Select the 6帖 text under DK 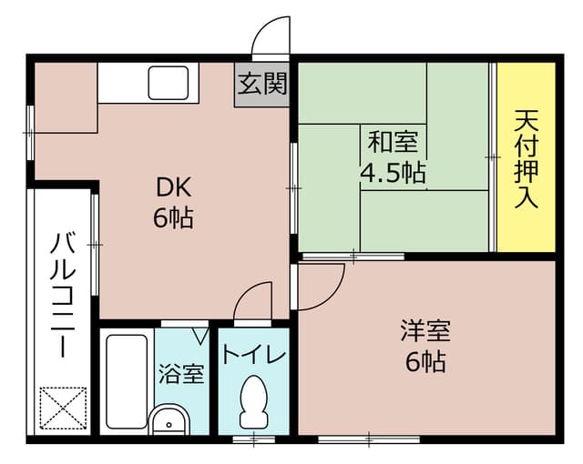(172, 219)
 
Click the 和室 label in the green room (393, 142)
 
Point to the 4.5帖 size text (394, 173)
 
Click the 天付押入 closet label (526, 159)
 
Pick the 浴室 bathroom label (181, 374)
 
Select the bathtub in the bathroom (127, 383)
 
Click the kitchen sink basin (169, 84)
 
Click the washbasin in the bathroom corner (168, 422)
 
